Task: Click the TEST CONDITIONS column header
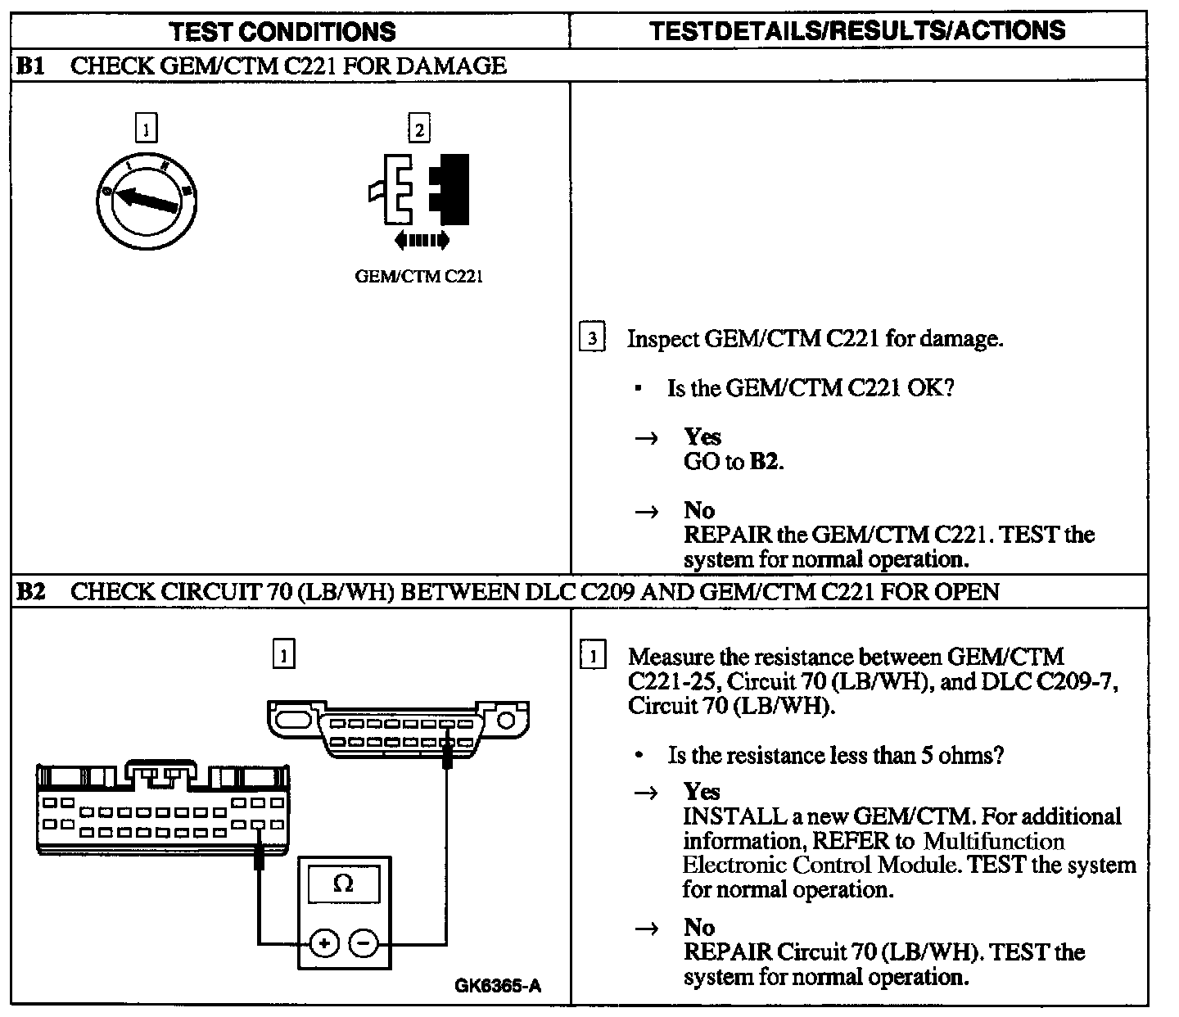click(x=282, y=31)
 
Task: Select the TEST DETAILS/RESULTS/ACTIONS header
click(x=857, y=31)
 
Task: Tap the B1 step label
click(x=30, y=66)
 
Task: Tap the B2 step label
click(x=30, y=591)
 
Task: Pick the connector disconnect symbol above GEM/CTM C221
click(x=419, y=189)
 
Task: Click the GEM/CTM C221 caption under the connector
click(x=418, y=276)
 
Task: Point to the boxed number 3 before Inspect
click(x=591, y=338)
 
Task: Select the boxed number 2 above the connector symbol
click(x=418, y=129)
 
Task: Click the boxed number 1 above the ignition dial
click(x=146, y=129)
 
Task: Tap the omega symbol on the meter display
click(x=344, y=884)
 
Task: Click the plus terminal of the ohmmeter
click(x=324, y=943)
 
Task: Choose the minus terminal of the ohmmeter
click(x=364, y=943)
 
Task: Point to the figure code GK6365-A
click(x=498, y=986)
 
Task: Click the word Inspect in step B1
click(x=662, y=339)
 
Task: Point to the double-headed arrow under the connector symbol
click(x=421, y=240)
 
